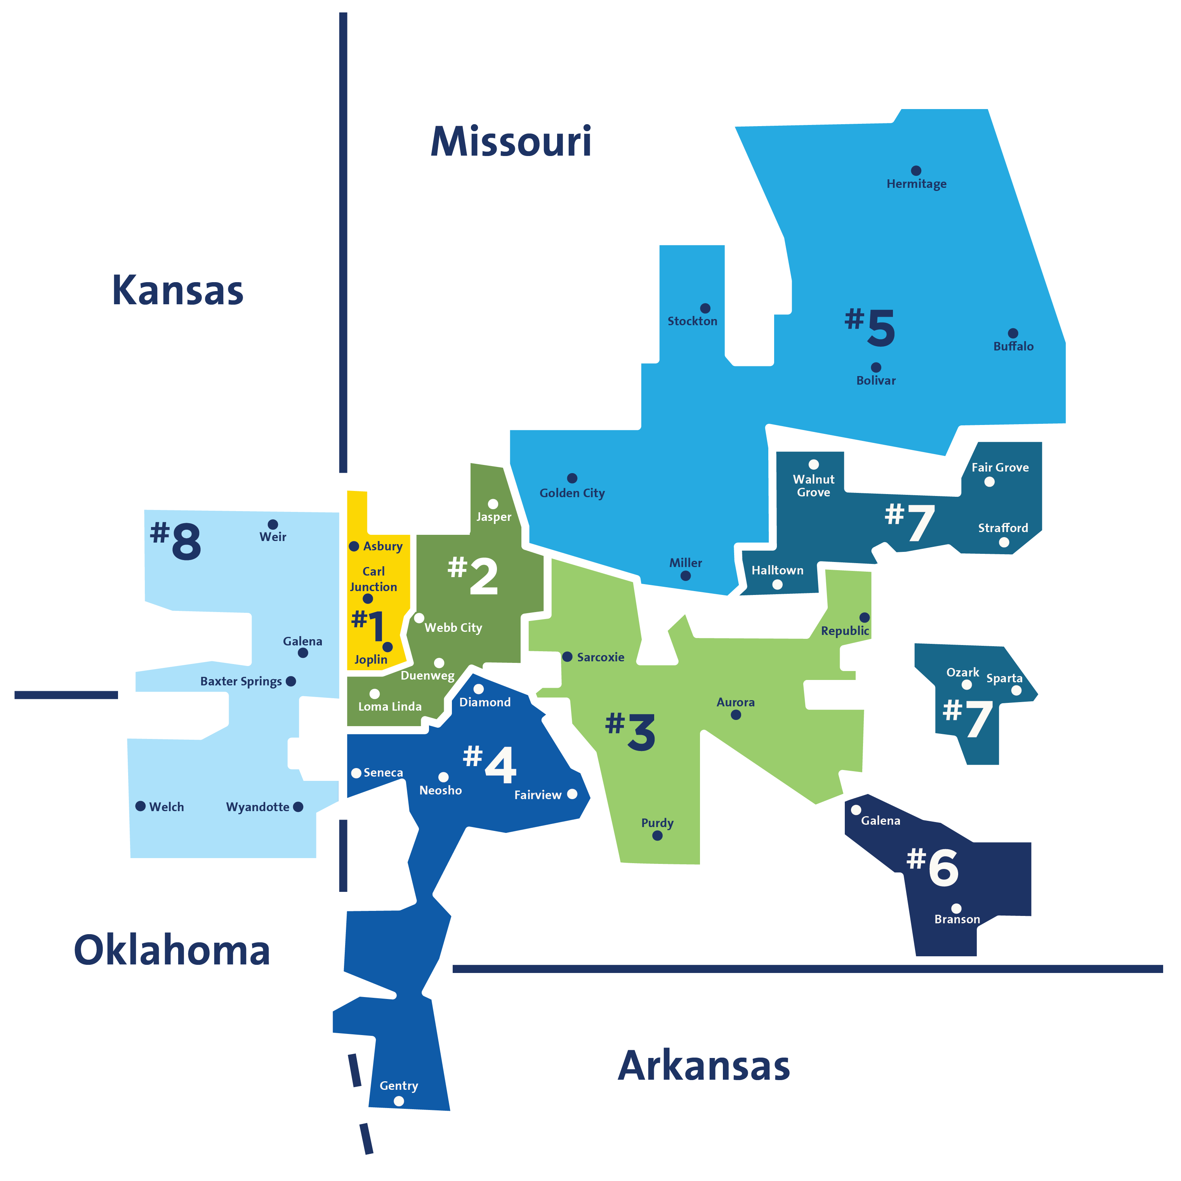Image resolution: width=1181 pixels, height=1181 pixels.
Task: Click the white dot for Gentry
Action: click(x=399, y=1101)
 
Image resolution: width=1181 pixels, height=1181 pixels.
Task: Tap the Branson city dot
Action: click(x=957, y=909)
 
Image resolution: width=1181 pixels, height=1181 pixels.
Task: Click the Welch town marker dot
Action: click(x=140, y=806)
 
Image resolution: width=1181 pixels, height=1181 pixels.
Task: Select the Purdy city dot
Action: click(x=658, y=836)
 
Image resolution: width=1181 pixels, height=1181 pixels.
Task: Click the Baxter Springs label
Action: click(x=241, y=681)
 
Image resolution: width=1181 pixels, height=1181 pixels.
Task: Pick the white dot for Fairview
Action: click(x=573, y=794)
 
